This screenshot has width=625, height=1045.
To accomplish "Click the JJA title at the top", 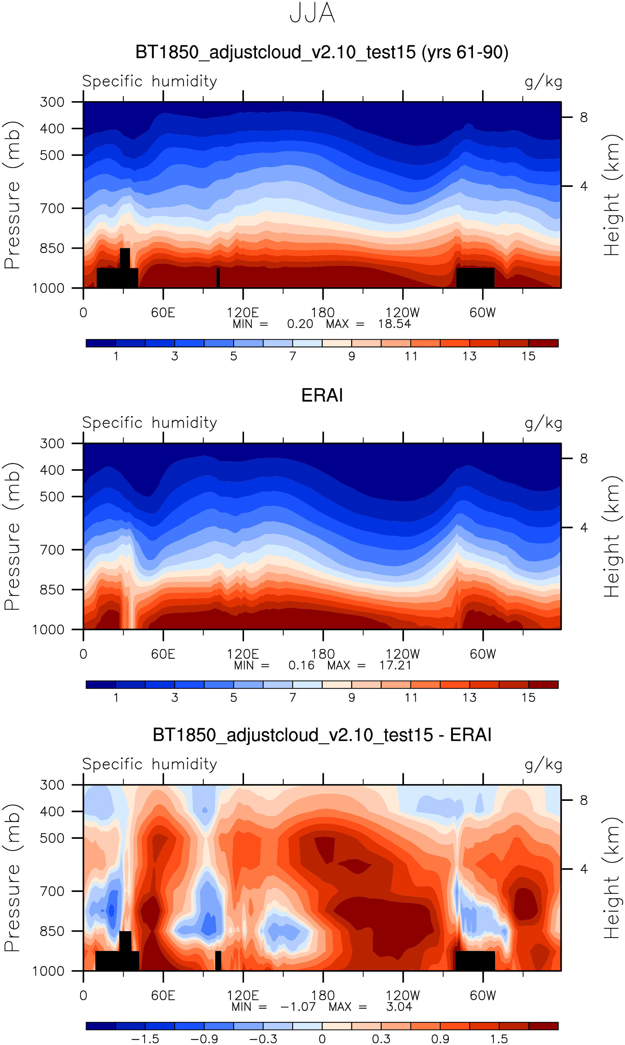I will click(312, 13).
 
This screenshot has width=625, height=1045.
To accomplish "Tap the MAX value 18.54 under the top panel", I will click(394, 324).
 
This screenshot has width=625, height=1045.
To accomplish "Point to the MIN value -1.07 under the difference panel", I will click(298, 1007).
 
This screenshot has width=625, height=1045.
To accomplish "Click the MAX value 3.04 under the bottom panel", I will click(399, 1007).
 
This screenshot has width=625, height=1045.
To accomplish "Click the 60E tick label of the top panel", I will click(163, 313).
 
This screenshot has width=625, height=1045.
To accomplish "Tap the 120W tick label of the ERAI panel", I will click(403, 654).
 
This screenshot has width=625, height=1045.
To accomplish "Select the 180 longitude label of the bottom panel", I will click(323, 996).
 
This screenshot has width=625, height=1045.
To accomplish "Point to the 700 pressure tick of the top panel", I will click(52, 208).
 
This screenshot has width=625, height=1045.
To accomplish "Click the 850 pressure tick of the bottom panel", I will click(52, 931).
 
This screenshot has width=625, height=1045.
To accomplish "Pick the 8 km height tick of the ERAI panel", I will click(583, 458).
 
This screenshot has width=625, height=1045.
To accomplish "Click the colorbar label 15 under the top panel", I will click(528, 356).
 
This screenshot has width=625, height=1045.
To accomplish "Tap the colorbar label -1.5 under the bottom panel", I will click(145, 1039).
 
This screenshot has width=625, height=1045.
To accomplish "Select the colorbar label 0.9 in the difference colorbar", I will click(440, 1039).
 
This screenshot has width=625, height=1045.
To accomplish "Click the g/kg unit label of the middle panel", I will click(543, 423).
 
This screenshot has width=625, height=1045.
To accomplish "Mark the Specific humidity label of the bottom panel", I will click(150, 764).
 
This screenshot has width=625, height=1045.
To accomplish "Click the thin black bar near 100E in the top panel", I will click(218, 277).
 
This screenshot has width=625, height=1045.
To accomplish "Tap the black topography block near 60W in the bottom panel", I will click(475, 961).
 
